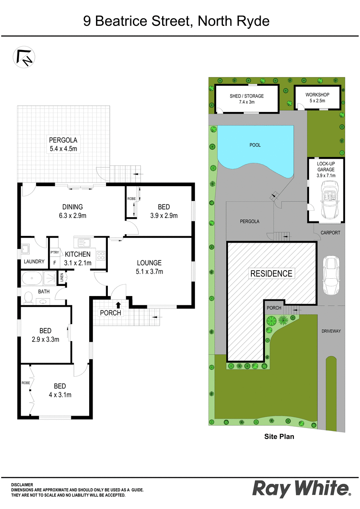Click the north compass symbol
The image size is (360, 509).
24,57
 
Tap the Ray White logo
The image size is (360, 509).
301,489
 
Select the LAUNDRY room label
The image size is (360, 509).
34,262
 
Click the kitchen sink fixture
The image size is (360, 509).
84,243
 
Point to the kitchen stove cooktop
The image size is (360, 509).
101,255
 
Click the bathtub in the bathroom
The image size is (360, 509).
32,278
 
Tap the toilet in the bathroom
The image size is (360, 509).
28,297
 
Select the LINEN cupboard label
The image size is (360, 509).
62,277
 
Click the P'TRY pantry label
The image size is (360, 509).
55,252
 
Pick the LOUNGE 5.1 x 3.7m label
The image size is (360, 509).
149,267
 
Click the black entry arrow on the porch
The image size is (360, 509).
118,305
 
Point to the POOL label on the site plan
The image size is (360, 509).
255,145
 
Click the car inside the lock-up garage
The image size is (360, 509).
330,199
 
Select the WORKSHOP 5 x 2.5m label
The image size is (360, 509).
317,98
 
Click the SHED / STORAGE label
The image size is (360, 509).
247,96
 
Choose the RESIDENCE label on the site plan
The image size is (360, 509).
271,273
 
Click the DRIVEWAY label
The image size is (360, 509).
331,331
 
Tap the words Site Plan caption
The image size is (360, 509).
279,436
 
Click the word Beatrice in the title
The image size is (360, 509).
121,21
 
